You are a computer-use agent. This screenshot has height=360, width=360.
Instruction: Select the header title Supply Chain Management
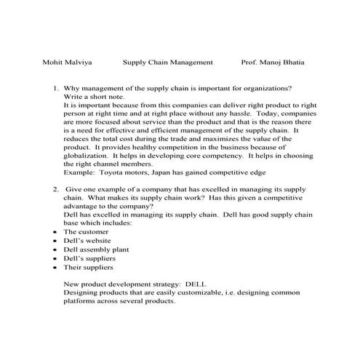[x=167, y=63]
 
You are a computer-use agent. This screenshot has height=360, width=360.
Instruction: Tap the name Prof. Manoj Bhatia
[x=272, y=63]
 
